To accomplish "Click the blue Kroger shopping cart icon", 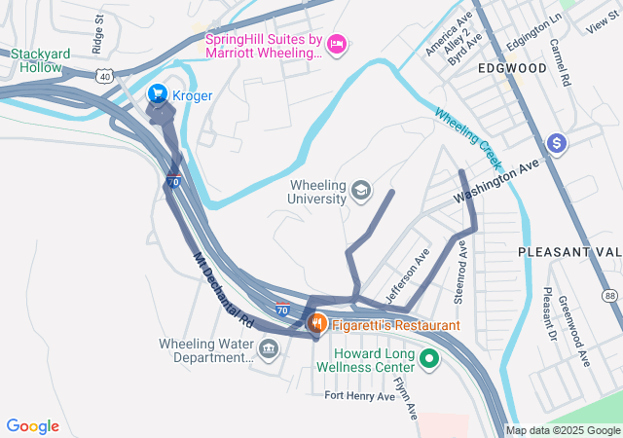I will tap(157, 94).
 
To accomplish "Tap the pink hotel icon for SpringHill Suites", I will tap(338, 42).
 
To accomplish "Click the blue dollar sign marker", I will tap(557, 144).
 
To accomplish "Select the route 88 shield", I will tap(609, 295).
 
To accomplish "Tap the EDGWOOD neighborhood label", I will tap(511, 69).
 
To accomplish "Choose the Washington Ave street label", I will tap(497, 181).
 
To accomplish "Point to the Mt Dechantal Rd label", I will tap(223, 289).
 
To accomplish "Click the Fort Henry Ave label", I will tap(360, 396).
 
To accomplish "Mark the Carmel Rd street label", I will tap(559, 63).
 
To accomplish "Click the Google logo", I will tap(33, 426).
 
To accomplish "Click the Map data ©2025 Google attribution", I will tap(562, 431).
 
